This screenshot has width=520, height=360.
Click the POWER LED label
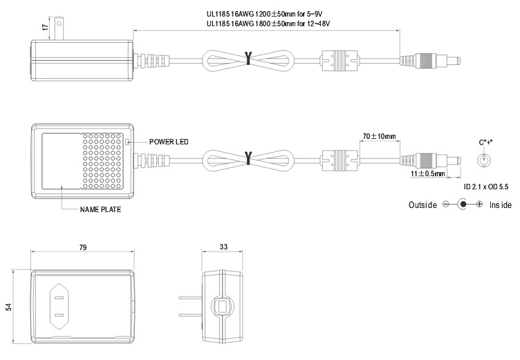(x=169, y=142)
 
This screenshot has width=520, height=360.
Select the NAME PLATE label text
(x=100, y=209)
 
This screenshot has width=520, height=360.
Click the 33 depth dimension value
(x=223, y=247)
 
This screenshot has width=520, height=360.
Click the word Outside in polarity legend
(x=423, y=205)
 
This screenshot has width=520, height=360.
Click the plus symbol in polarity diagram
(x=479, y=205)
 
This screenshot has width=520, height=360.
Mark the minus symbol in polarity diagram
(x=446, y=205)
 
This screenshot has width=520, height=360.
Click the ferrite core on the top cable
(x=340, y=58)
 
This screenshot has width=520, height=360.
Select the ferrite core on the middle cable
(x=340, y=161)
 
